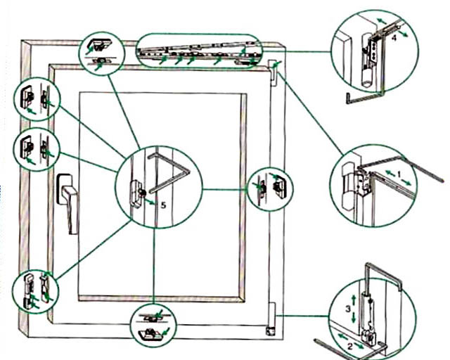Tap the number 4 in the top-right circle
point(394,39)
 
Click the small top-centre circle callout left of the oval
point(101,52)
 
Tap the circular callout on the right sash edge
point(270,188)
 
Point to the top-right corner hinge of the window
point(273,67)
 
